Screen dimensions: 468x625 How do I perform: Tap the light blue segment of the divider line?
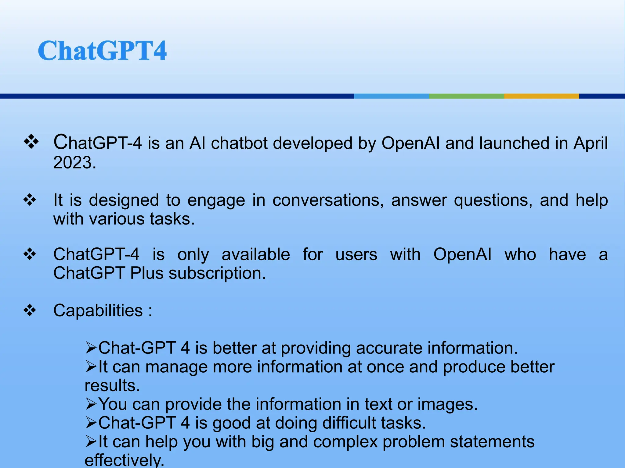point(391,96)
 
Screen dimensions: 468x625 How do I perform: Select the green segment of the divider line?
point(466,96)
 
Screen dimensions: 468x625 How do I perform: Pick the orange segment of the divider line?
point(541,96)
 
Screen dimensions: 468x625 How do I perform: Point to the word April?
point(591,143)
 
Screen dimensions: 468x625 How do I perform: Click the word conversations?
point(328,200)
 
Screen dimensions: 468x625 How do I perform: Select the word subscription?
point(217,273)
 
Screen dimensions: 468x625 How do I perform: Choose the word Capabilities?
point(98,311)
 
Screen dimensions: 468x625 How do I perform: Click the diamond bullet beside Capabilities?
point(30,310)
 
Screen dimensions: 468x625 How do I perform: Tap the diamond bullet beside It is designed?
point(30,200)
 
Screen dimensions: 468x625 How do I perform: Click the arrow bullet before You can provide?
point(91,404)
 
